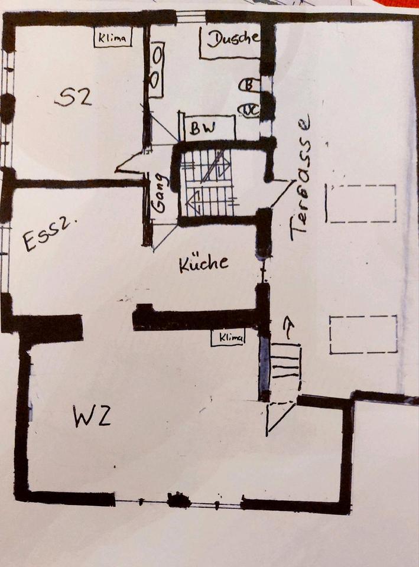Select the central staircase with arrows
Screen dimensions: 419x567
click(x=208, y=183)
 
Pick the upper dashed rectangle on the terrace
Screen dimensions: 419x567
click(x=362, y=204)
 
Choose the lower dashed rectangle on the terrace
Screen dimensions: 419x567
click(x=363, y=335)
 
